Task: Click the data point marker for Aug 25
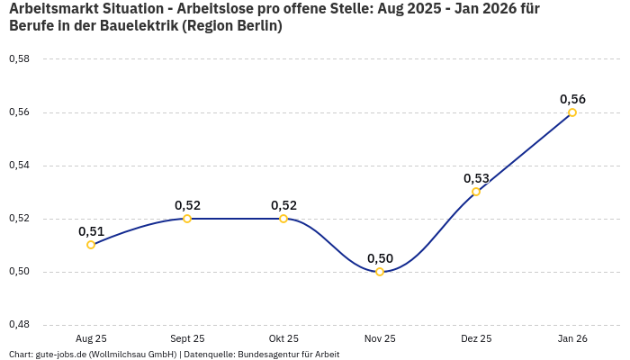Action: click(x=91, y=245)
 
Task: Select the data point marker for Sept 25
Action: click(x=187, y=219)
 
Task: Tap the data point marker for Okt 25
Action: click(x=283, y=219)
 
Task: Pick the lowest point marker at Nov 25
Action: click(x=380, y=272)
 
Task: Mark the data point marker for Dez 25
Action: click(x=476, y=192)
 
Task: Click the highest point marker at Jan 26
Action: click(x=572, y=112)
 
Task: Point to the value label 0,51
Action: click(x=91, y=231)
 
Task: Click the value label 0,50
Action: click(x=380, y=258)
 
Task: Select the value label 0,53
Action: click(x=476, y=178)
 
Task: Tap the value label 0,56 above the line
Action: click(x=572, y=99)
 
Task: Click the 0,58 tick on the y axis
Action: click(x=19, y=59)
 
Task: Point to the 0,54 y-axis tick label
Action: click(x=19, y=166)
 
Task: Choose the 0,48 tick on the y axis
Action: click(x=19, y=325)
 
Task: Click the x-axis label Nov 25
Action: click(x=380, y=338)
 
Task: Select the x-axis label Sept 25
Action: click(x=187, y=338)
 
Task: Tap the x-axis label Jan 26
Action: click(x=572, y=338)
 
